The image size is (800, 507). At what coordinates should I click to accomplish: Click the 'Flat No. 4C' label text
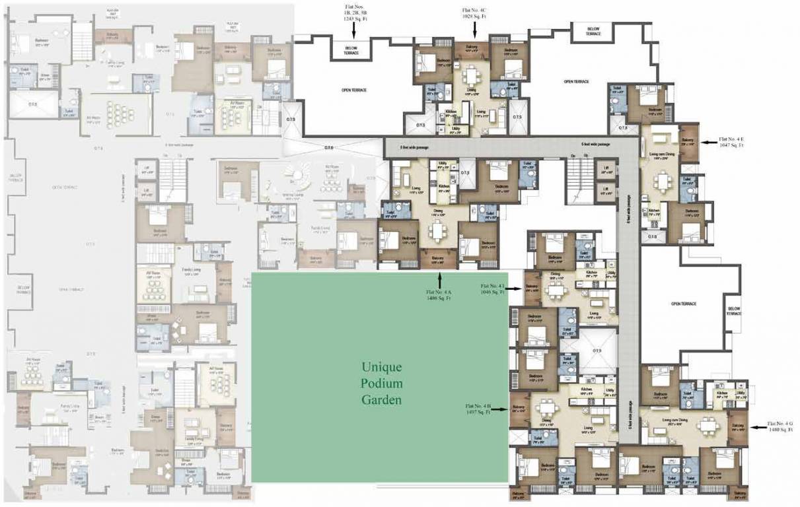click(x=474, y=11)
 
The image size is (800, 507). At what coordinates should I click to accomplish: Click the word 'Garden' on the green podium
click(x=382, y=399)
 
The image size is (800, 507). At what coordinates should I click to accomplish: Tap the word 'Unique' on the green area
click(x=381, y=367)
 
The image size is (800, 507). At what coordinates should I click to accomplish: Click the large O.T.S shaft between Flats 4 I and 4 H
click(x=596, y=350)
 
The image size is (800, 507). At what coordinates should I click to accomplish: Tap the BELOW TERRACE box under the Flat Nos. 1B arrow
click(x=351, y=51)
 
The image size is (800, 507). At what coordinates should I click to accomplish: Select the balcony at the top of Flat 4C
click(x=472, y=48)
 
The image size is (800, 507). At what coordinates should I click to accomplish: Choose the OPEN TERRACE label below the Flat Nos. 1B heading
click(x=353, y=90)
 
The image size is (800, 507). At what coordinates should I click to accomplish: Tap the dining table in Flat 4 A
click(x=437, y=231)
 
